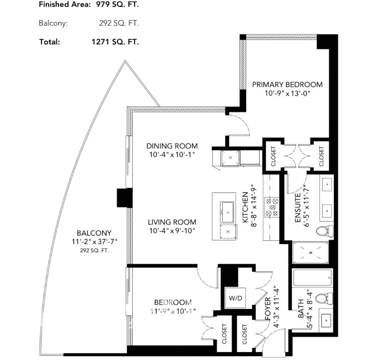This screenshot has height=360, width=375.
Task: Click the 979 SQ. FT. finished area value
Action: coord(115,5)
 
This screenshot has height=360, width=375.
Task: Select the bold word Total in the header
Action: coord(49,41)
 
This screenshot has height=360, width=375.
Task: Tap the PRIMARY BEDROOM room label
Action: coord(287,84)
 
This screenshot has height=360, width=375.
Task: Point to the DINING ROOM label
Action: coord(172,146)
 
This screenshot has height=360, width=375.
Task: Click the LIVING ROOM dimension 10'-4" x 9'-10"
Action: coord(172,230)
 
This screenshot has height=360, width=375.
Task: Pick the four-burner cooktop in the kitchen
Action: coord(272,207)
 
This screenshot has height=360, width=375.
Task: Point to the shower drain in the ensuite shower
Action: coord(309,252)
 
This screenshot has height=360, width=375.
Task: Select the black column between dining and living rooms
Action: coord(125,199)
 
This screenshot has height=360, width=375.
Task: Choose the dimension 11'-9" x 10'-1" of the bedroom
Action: coord(172,311)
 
